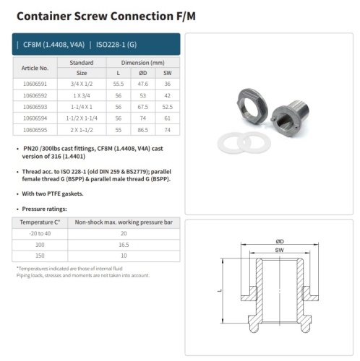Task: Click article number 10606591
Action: [35, 84]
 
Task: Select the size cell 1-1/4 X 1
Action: [82, 107]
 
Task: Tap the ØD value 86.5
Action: [143, 130]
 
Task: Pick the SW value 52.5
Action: [167, 107]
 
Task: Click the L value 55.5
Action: [119, 84]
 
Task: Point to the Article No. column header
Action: [35, 68]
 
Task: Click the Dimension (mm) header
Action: [143, 63]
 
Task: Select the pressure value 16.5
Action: [124, 245]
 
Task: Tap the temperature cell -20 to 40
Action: [40, 233]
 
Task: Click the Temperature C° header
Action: [40, 222]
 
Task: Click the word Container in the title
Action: [44, 16]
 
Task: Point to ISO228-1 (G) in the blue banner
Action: [116, 45]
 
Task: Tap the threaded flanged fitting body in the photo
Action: [291, 118]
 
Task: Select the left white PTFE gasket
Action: [228, 143]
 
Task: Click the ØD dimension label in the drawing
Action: [280, 241]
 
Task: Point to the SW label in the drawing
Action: [280, 250]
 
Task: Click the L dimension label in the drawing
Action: [219, 291]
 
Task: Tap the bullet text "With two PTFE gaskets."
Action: [53, 193]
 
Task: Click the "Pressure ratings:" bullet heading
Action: [44, 209]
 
